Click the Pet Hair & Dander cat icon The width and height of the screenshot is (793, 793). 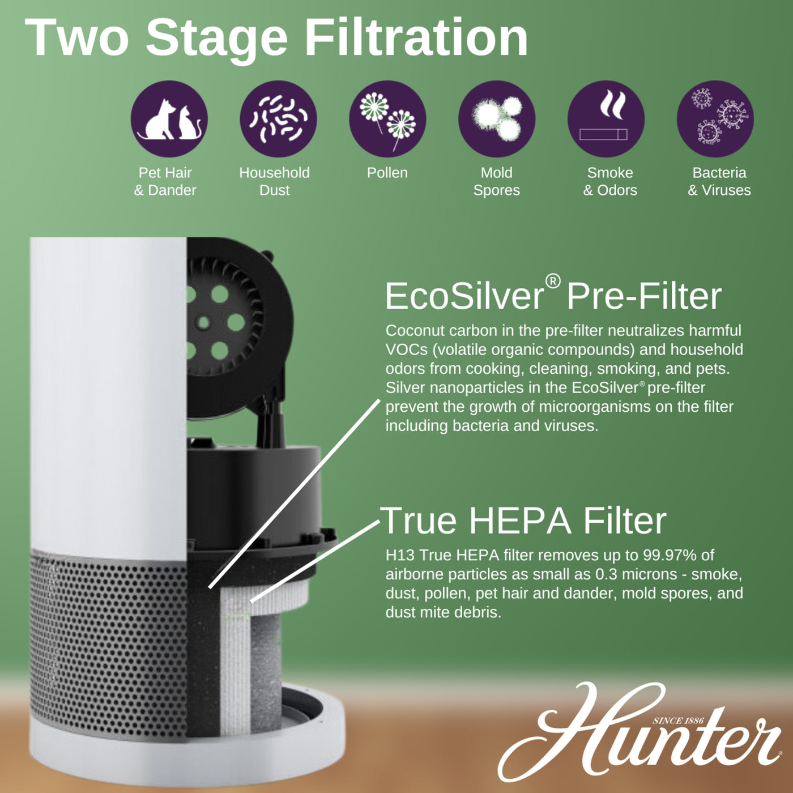coord(169,119)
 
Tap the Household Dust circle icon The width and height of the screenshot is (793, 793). coord(278,119)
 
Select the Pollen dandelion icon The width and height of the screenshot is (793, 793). coord(387,119)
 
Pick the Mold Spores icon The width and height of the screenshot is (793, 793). coord(497,119)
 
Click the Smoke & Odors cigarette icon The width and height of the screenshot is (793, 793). coord(606,119)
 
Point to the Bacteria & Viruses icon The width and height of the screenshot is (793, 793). coord(715,119)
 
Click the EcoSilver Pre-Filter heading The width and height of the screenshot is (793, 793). coord(553,296)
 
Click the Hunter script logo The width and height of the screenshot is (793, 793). coord(640,736)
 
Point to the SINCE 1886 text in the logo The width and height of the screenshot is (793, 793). coord(678,720)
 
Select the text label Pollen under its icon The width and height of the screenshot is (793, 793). coord(387,173)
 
